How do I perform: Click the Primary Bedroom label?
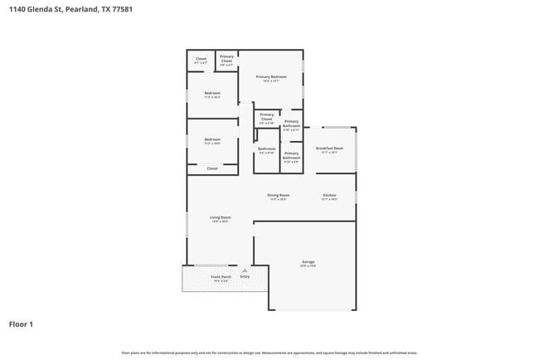pos(271,77)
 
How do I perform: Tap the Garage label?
pos(308,262)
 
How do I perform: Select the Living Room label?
pos(219,217)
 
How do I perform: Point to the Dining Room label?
pos(278,195)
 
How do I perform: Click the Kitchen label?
pos(329,195)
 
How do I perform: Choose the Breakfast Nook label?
pos(329,148)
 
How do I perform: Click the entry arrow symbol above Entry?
pos(245,270)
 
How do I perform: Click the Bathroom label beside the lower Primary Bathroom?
pos(266,148)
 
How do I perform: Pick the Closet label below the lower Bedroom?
pos(212,168)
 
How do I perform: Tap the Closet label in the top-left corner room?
pos(201,59)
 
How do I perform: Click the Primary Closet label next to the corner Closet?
pos(226,57)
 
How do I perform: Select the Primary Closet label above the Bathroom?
pos(266,116)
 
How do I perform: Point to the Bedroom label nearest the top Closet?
pos(212,93)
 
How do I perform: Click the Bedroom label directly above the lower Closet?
pos(212,139)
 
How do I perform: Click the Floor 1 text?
pos(21,324)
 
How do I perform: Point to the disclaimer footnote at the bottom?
pos(269,353)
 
